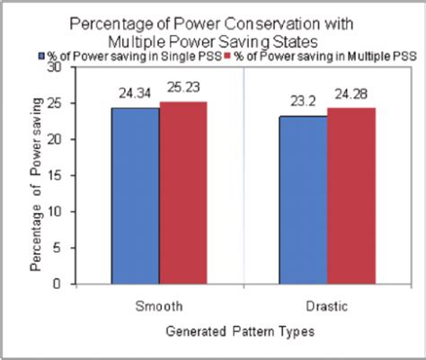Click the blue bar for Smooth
[135, 197]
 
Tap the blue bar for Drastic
[303, 200]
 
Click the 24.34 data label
[135, 92]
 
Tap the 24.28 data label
[351, 93]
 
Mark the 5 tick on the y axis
[58, 249]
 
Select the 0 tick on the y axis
[58, 285]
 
